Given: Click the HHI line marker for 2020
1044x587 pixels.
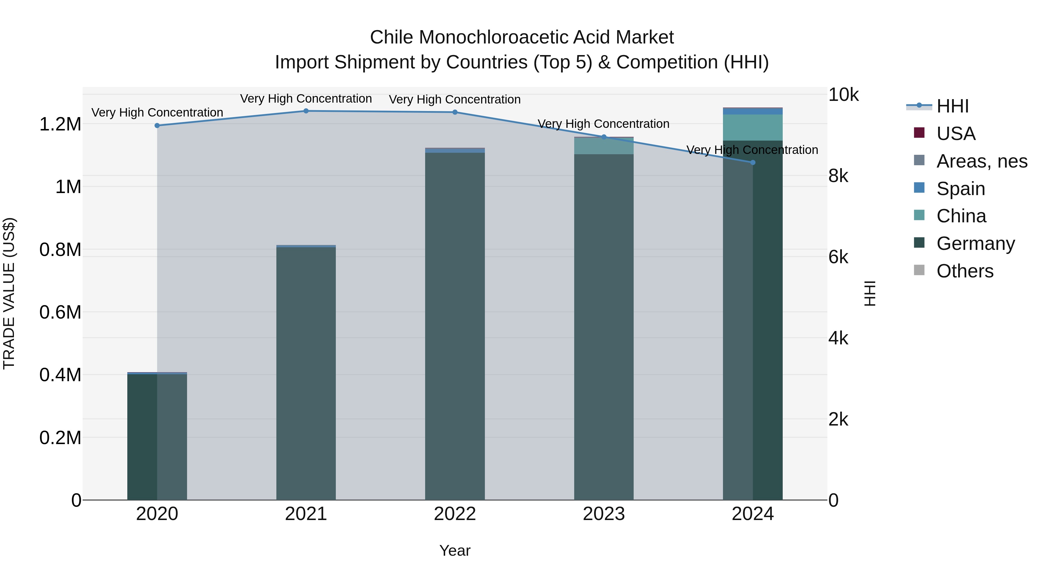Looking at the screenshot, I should pos(157,126).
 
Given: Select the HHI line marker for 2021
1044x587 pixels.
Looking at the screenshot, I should pos(306,111).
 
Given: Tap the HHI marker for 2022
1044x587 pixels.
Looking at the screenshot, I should pos(455,112).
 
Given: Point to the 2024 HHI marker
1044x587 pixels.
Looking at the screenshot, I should pos(753,162).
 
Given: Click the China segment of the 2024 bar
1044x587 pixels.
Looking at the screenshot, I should pos(753,128).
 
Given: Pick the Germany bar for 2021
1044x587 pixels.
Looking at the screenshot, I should pos(306,373).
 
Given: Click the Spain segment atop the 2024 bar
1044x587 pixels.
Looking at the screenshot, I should pos(753,111).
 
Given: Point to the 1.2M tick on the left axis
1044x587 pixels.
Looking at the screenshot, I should pos(60,124).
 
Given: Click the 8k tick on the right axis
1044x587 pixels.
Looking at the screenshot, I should pos(838,176).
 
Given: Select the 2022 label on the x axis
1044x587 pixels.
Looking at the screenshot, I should pos(455,514).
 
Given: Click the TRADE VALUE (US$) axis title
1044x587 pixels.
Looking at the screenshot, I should pos(9,293).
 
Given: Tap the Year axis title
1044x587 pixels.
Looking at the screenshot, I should pos(455,550).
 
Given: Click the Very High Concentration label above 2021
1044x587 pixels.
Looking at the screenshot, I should pos(306,99).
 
